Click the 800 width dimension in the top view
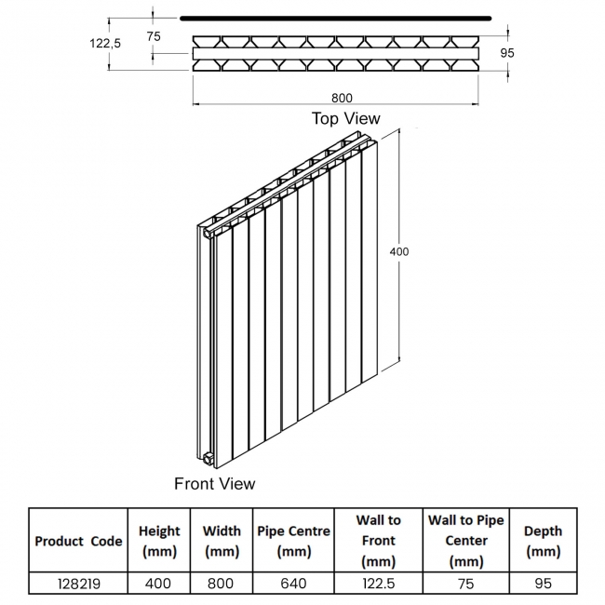(342, 98)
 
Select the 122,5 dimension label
(105, 43)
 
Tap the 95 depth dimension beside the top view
(507, 52)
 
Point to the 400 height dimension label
(399, 251)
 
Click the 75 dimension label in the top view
(154, 36)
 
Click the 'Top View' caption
(345, 118)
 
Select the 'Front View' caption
(214, 483)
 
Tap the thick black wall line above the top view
(336, 18)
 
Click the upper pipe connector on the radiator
(208, 234)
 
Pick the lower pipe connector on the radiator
(208, 458)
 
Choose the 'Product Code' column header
(78, 541)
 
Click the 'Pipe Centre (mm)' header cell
(293, 541)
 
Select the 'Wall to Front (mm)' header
(379, 541)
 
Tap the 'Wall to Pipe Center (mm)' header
(466, 541)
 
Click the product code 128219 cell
(79, 584)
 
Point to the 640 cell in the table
(293, 584)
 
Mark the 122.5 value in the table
(379, 584)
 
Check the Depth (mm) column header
(543, 541)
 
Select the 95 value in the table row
(543, 584)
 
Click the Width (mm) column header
(222, 541)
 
